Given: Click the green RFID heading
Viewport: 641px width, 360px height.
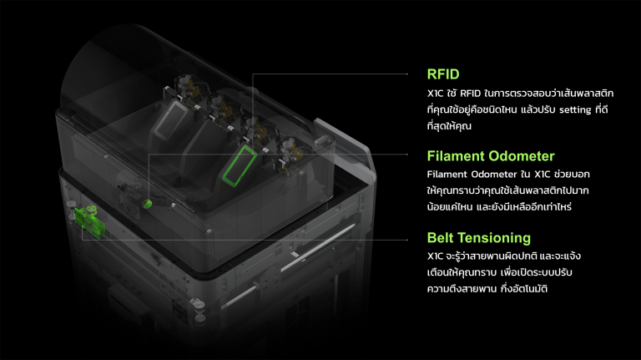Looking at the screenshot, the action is click(x=443, y=74).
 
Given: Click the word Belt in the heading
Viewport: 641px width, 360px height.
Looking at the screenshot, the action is click(x=440, y=238).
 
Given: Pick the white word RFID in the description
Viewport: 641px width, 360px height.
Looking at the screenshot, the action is click(x=470, y=94).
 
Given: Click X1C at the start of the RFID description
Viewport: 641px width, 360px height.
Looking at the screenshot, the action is click(x=435, y=94).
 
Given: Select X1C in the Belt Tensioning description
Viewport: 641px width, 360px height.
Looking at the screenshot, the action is click(x=435, y=256).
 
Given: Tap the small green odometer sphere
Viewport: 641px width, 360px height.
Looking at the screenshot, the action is click(x=147, y=203).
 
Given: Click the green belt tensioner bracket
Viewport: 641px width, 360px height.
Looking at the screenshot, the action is click(x=89, y=221).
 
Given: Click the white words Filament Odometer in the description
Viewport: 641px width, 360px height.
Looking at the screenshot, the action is click(x=471, y=175).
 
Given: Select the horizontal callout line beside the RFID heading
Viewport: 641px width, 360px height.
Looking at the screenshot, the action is click(x=330, y=74).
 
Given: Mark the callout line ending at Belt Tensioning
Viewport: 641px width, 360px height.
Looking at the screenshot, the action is click(x=245, y=240).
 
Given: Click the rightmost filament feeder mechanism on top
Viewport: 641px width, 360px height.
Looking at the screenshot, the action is click(x=290, y=155).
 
